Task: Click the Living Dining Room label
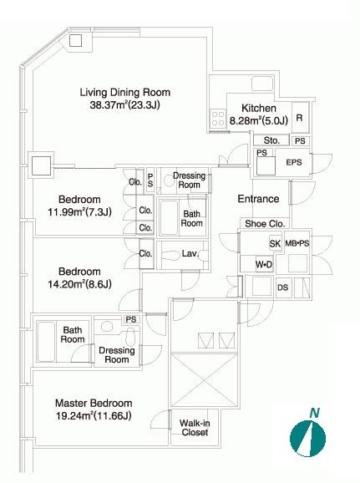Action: point(125,93)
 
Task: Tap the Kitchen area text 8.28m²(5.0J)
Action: point(259,120)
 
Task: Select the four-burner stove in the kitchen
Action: point(218,119)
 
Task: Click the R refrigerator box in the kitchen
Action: point(300,118)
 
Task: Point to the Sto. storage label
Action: point(271,140)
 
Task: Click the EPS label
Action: point(294,162)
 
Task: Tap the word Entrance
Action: point(258,199)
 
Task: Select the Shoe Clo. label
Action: point(265,224)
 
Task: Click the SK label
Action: point(275,244)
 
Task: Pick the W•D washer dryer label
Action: point(264,264)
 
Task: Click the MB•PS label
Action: point(297,243)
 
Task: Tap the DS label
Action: point(282,287)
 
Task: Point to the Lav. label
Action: point(190,253)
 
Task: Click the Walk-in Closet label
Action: point(195,428)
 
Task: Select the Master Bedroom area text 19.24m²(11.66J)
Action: point(94,416)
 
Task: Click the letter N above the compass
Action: point(314,413)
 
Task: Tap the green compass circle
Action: point(307,439)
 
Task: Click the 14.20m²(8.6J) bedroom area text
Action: point(79,284)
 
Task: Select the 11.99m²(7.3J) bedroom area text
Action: point(79,212)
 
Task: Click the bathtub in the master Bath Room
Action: point(46,342)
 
